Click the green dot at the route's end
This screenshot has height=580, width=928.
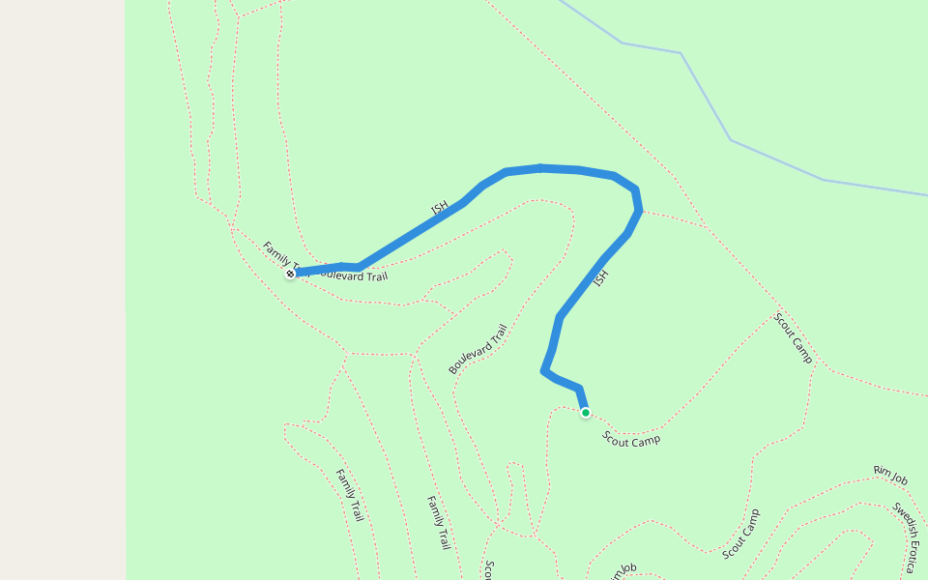[x=586, y=413]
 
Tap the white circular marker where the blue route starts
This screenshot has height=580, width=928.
[x=290, y=275]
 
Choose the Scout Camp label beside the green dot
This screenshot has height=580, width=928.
[x=631, y=440]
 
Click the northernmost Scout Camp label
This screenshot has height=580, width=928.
[x=793, y=337]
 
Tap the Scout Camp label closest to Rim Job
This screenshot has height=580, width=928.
[x=741, y=534]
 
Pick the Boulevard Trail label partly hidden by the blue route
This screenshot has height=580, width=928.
[x=354, y=275]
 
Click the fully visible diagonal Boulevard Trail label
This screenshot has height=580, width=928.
[x=478, y=349]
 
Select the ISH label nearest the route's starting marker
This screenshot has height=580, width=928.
[x=440, y=207]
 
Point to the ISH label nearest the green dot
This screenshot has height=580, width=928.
[x=600, y=277]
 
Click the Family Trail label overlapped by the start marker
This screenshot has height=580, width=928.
[x=276, y=254]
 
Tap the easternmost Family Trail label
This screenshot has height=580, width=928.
[x=439, y=522]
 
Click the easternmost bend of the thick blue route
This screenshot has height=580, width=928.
[x=639, y=210]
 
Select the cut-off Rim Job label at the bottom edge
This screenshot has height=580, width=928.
[x=623, y=572]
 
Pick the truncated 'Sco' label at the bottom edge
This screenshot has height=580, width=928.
[x=490, y=570]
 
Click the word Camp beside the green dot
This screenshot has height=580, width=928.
[x=647, y=442]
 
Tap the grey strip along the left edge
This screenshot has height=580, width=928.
[x=62, y=290]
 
